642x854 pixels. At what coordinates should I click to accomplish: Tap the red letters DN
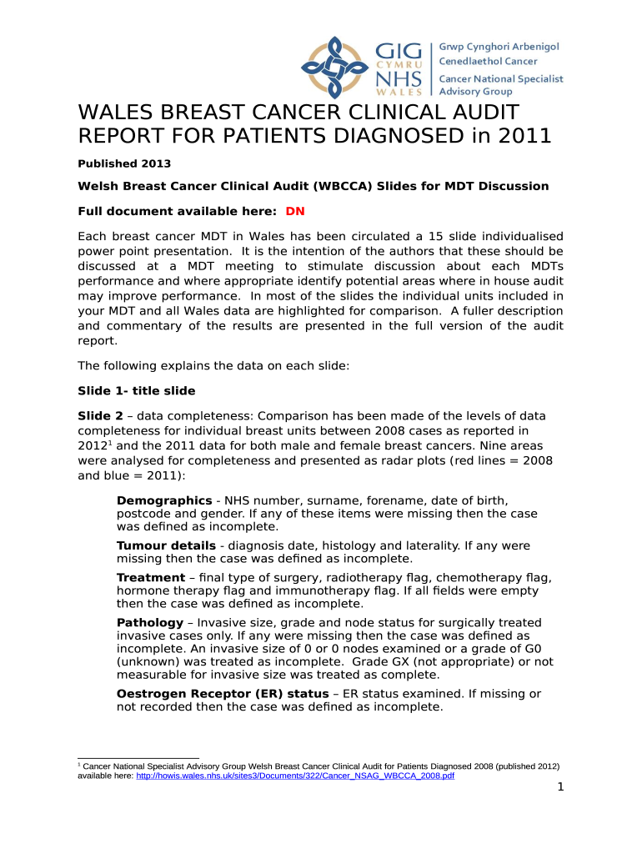pyautogui.click(x=294, y=211)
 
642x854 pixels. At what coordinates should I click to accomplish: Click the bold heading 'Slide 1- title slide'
pyautogui.click(x=137, y=390)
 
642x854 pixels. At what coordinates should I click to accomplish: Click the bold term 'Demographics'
pyautogui.click(x=164, y=500)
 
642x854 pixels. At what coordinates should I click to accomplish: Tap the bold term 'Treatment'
pyautogui.click(x=151, y=577)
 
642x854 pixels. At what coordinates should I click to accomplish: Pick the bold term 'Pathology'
pyautogui.click(x=150, y=622)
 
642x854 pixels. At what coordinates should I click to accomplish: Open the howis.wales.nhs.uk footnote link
pyautogui.click(x=294, y=775)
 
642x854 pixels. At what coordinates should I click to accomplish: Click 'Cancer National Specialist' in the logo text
pyautogui.click(x=501, y=78)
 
